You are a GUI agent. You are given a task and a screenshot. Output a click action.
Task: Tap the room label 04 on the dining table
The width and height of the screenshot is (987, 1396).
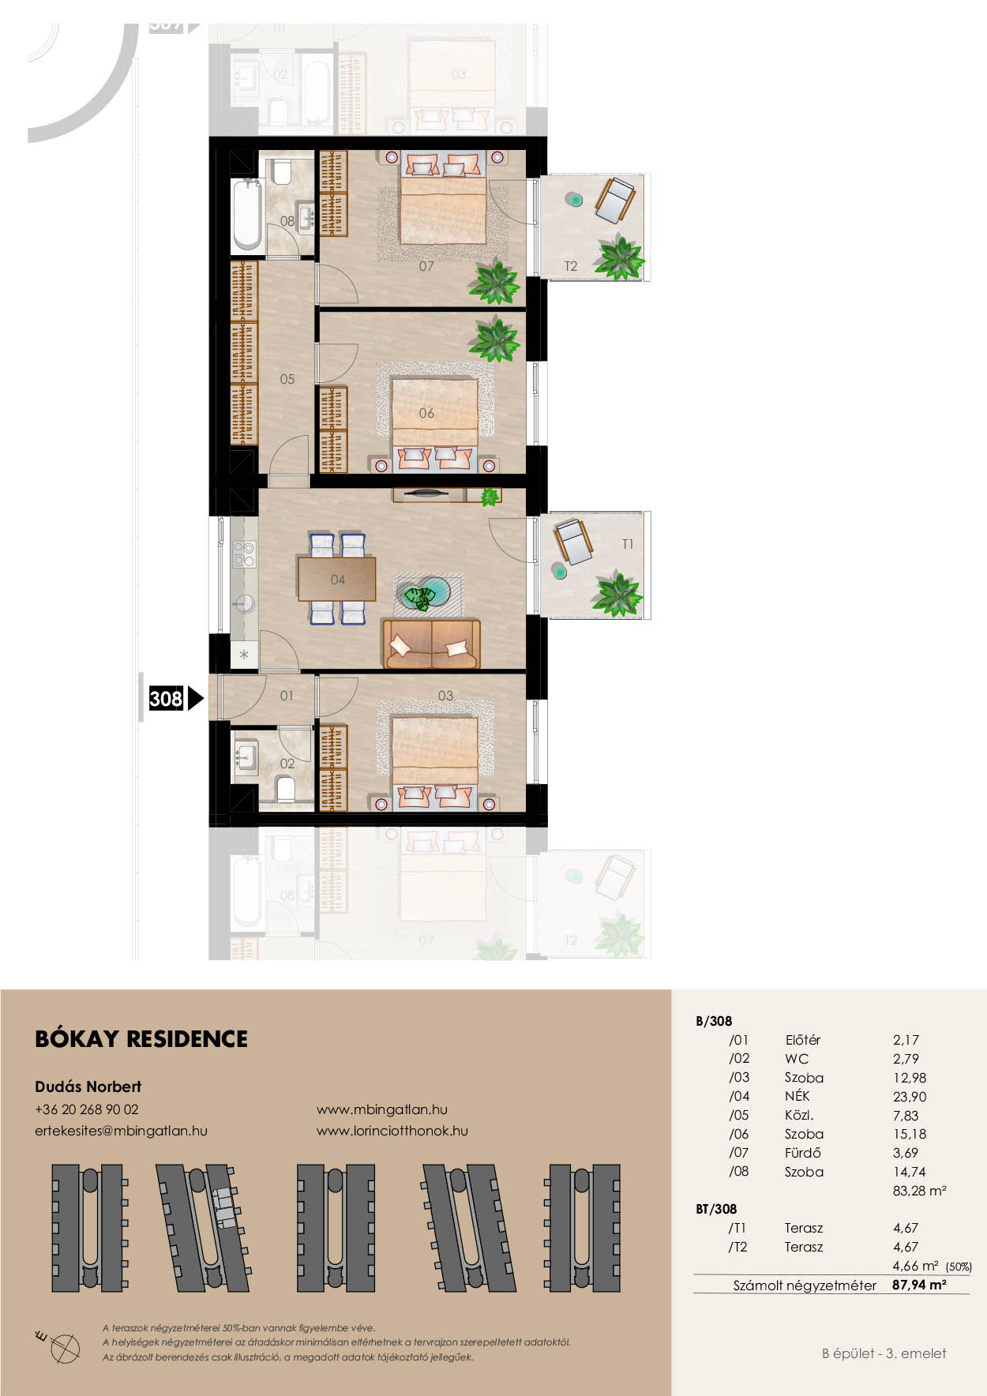point(338,580)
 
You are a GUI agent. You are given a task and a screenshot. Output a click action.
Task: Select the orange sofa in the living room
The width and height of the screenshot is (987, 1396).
point(431,644)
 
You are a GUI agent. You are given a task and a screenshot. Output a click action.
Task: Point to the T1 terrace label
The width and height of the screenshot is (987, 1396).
point(628,544)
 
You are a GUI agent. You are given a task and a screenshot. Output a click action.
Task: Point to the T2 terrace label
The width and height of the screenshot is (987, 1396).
point(571,266)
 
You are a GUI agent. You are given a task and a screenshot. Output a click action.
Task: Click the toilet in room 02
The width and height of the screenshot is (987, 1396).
point(286,787)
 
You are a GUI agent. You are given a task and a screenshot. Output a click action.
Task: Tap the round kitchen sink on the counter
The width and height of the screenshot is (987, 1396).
point(244,605)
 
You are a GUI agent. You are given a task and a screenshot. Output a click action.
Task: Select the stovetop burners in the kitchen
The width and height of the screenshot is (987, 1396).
point(245,554)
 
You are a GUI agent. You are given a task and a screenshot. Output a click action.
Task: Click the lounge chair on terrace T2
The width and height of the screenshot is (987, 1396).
point(614,200)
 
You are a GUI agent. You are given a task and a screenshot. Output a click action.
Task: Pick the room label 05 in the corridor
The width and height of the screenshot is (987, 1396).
point(287,379)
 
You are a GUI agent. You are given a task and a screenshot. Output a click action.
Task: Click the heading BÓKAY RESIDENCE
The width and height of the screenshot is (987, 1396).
point(141,1039)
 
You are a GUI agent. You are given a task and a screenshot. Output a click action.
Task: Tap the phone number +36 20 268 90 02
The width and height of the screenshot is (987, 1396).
point(87,1109)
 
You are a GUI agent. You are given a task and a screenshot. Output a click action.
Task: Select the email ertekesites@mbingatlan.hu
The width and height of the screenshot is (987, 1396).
point(121,1131)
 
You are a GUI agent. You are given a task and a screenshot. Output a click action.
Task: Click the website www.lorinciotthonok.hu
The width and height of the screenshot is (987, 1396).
point(392,1131)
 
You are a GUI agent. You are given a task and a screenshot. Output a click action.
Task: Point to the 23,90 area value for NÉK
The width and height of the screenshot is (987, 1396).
point(910,1097)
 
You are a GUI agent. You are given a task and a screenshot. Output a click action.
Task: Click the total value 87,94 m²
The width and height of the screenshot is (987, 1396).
point(919,1285)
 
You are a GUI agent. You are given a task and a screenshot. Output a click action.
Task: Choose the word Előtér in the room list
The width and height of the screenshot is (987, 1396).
point(803,1040)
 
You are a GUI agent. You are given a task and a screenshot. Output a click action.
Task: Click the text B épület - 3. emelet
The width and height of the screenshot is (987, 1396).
point(884,1353)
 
